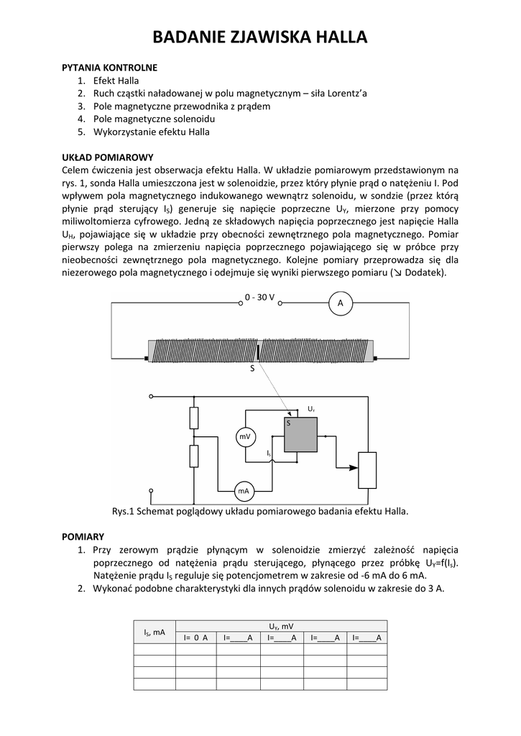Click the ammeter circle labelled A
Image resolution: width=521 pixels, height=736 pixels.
(x=341, y=304)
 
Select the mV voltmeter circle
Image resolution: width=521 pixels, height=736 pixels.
(x=246, y=436)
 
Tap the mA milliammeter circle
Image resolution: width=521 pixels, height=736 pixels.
(x=244, y=491)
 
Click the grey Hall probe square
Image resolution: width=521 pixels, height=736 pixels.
(x=300, y=434)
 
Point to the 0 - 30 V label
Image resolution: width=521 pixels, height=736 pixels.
(x=259, y=298)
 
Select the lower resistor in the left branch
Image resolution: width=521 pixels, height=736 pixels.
(x=193, y=455)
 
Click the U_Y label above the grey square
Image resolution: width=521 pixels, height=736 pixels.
(x=311, y=409)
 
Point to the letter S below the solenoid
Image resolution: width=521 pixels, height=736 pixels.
(x=252, y=369)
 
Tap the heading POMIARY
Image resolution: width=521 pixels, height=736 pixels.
(x=83, y=536)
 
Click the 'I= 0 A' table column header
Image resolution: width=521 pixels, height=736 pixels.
(x=195, y=638)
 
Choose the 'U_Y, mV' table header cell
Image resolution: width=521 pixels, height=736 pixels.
(x=281, y=626)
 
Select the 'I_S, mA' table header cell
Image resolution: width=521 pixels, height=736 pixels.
(x=155, y=632)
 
